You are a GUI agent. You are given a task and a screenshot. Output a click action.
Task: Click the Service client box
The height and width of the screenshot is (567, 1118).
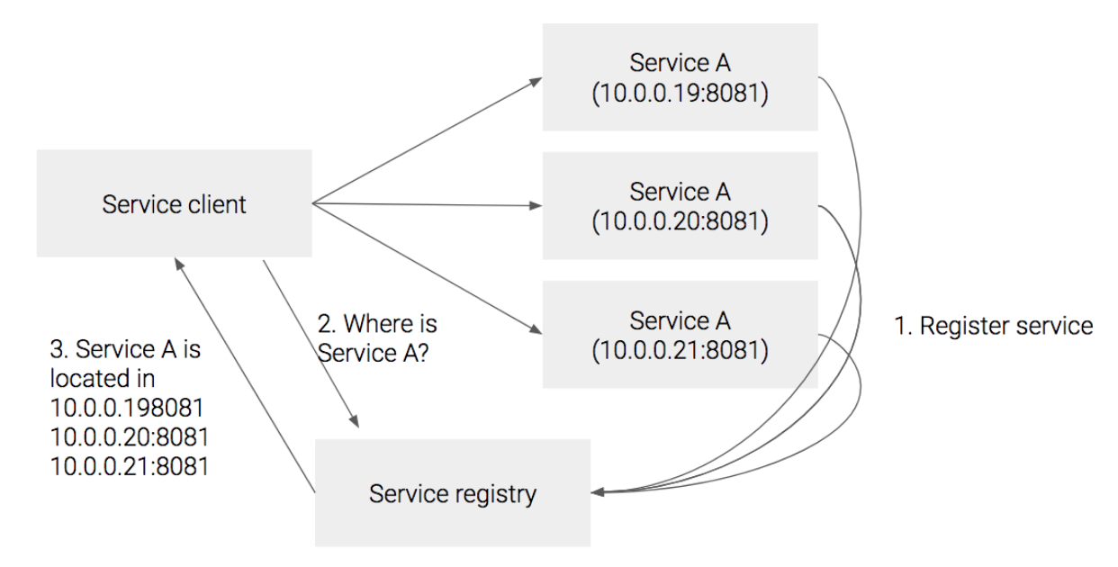click(174, 203)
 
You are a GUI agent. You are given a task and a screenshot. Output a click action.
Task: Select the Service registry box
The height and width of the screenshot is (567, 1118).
click(452, 492)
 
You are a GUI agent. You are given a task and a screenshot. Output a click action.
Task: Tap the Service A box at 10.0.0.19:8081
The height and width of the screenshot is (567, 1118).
click(680, 77)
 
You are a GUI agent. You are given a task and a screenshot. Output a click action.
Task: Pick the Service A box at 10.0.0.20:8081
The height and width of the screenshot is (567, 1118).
click(680, 206)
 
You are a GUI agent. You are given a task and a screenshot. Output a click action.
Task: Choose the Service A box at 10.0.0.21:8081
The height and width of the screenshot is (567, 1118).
click(680, 334)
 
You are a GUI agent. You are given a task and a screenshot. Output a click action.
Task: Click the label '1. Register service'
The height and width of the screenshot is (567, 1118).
click(993, 326)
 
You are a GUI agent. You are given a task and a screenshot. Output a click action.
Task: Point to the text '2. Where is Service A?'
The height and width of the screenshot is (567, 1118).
click(377, 335)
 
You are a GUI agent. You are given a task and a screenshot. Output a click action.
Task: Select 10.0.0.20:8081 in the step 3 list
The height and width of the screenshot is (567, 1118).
click(130, 437)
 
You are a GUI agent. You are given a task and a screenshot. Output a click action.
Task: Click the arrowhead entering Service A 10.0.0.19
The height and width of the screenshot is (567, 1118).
click(536, 80)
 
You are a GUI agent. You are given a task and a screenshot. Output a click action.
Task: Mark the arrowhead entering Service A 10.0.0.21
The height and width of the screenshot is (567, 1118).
click(536, 331)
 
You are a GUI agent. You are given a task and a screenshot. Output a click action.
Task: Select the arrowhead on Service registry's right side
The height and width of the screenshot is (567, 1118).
click(598, 491)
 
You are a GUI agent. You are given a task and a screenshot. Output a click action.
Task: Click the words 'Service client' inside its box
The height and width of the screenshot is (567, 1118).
click(174, 204)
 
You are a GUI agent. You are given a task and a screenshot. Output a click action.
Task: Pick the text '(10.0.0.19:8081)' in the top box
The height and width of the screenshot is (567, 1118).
click(680, 94)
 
